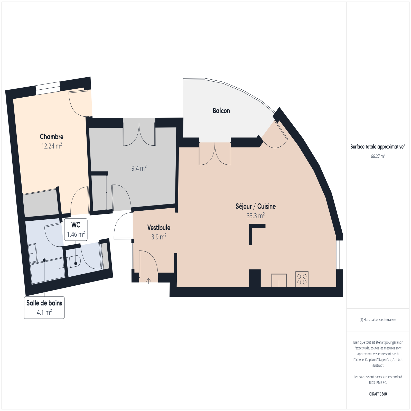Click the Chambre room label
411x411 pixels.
[x=51, y=136]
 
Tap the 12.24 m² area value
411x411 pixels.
[x=51, y=146]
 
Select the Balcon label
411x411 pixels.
[x=221, y=111]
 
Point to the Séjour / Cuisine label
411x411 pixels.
[x=256, y=206]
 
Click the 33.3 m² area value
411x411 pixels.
[x=256, y=216]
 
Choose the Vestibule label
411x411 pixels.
[x=159, y=228]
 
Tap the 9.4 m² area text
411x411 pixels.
[x=139, y=168]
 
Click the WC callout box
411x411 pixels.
[x=76, y=230]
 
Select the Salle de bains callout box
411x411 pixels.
[x=44, y=308]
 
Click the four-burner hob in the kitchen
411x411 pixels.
[x=302, y=279]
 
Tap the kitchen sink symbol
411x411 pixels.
[x=279, y=280]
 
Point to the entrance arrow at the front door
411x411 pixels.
[x=148, y=281]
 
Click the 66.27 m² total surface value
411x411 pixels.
[x=378, y=156]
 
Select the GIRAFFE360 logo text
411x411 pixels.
[x=378, y=394]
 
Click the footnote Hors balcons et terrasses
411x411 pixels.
[x=378, y=320]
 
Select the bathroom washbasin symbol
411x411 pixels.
[x=33, y=253]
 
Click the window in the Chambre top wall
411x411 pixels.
[x=48, y=88]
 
